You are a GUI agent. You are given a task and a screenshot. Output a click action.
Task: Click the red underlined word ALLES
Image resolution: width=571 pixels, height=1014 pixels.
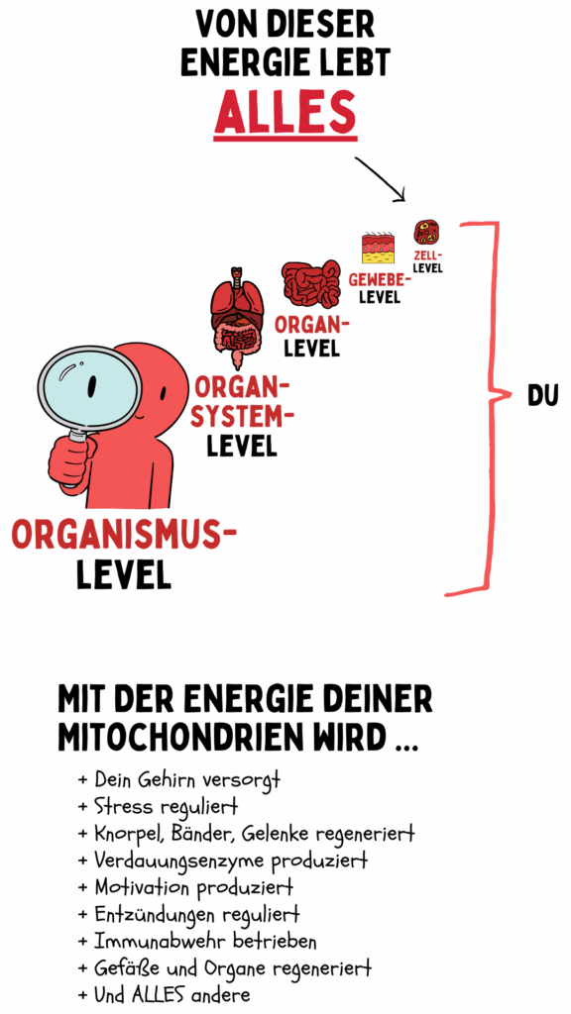pos(285,111)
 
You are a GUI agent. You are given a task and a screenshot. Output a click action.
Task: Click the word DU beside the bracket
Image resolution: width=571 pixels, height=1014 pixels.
pos(542,396)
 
